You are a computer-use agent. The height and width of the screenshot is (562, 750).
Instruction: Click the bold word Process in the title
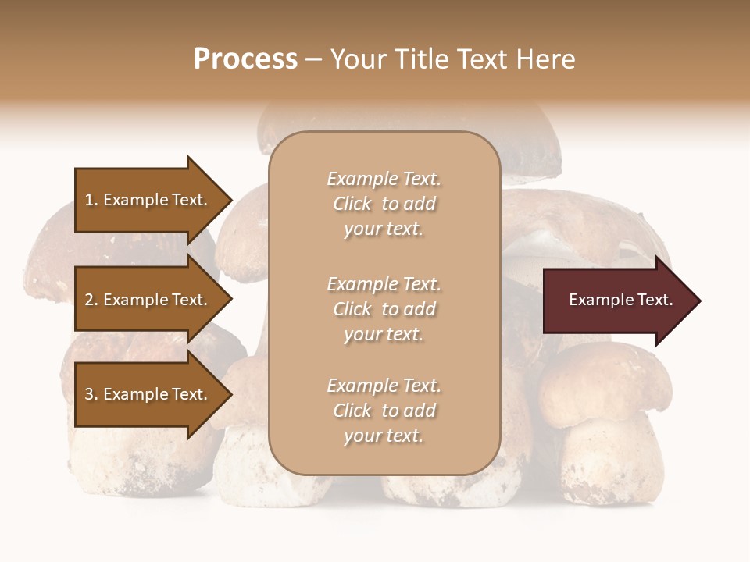[245, 59]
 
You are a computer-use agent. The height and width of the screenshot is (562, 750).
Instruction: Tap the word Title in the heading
[423, 59]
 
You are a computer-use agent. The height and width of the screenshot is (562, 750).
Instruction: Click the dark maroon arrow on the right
[617, 301]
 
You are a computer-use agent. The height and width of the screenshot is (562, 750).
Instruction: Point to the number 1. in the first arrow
[91, 200]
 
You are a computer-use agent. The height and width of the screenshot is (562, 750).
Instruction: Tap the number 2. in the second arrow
[91, 300]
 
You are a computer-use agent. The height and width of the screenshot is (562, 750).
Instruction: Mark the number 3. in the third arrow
[91, 394]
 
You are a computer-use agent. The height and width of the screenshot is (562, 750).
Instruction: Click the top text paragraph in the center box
[384, 204]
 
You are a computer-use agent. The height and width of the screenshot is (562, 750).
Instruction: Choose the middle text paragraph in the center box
[384, 308]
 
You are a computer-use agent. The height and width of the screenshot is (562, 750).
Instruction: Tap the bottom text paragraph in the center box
[384, 411]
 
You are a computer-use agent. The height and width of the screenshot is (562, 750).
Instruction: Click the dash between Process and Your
[313, 59]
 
